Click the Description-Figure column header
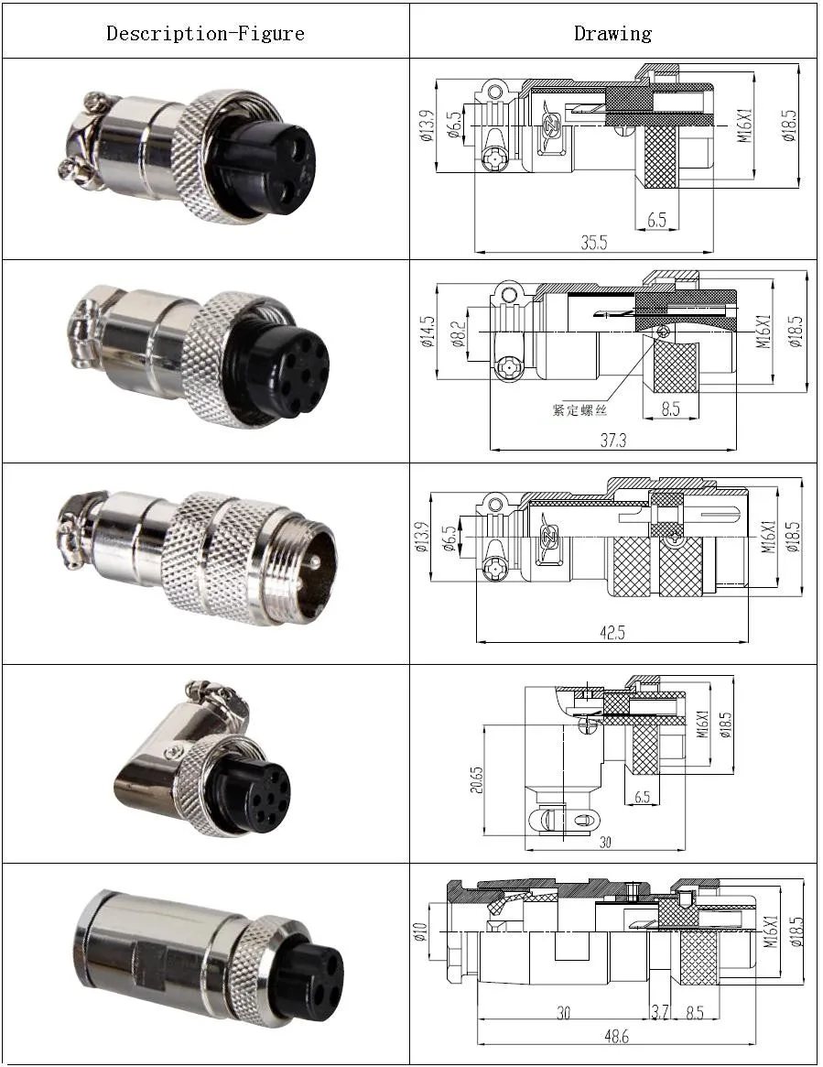[205, 34]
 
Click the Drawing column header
[612, 34]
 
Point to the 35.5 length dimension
[594, 243]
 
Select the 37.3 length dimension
[612, 441]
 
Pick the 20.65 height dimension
[477, 780]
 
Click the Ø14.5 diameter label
[428, 335]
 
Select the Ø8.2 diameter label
[458, 334]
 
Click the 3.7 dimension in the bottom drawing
[659, 1013]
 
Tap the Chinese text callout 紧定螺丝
[579, 409]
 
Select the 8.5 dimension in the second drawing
[671, 409]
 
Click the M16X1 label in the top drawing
[745, 125]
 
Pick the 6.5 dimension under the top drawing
[655, 221]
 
